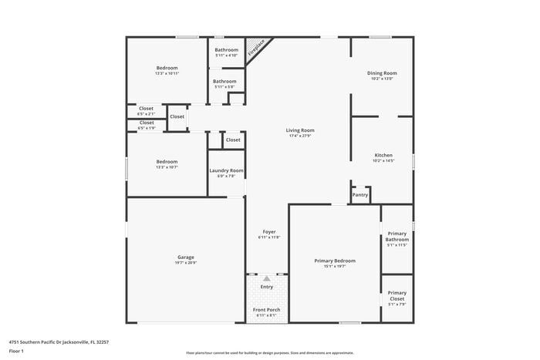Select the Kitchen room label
(x=383, y=156)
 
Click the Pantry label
(x=360, y=195)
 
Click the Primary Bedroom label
(x=335, y=261)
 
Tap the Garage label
(x=185, y=257)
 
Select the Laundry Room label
(x=226, y=170)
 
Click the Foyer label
(x=268, y=231)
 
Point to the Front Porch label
(x=267, y=310)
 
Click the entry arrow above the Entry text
(x=267, y=278)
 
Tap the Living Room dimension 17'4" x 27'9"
(x=301, y=136)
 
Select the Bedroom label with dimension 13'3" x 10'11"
(x=167, y=68)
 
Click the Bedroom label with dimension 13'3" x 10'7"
(x=167, y=161)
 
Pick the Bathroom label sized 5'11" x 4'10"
(x=226, y=50)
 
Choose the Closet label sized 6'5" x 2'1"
(x=146, y=108)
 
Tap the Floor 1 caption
(x=16, y=351)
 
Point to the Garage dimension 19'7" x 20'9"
(x=185, y=263)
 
